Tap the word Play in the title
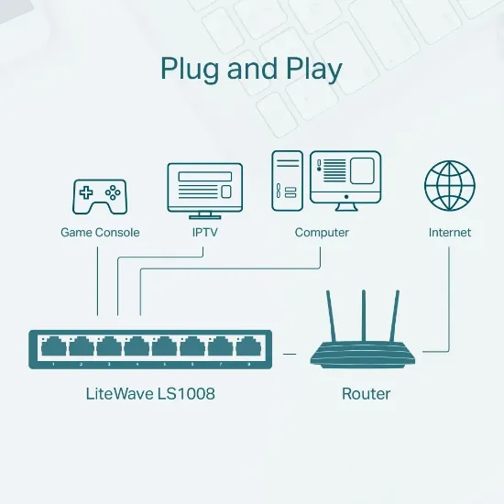[310, 70]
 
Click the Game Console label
[100, 233]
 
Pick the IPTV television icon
[204, 188]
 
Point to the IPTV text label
[204, 233]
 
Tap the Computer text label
[322, 233]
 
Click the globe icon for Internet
[450, 185]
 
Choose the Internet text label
[450, 233]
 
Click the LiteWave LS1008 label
[149, 394]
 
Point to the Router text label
[366, 394]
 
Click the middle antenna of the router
[365, 315]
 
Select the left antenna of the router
[333, 316]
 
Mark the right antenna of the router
[397, 316]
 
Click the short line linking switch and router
[290, 352]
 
